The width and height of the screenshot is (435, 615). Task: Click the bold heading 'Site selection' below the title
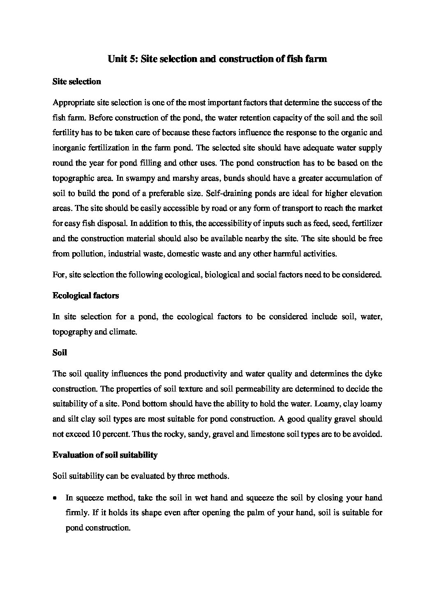[76, 81]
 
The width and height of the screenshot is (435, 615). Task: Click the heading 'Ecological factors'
[86, 295]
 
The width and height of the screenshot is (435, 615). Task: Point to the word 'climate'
[123, 332]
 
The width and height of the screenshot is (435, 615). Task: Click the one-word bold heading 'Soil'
[60, 352]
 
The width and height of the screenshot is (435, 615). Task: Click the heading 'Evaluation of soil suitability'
[105, 455]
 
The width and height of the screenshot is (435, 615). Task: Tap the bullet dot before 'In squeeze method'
[55, 498]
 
